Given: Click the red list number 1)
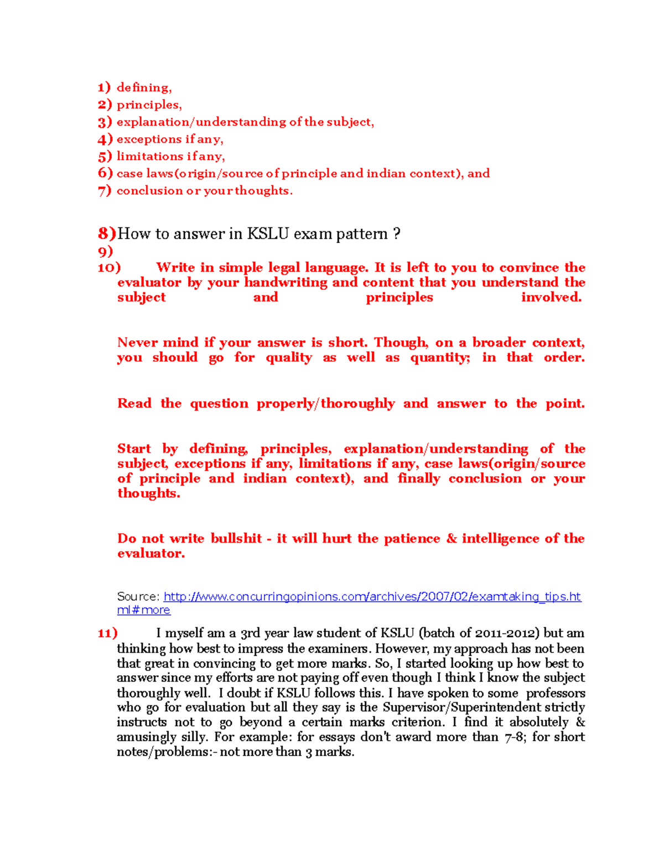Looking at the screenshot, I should tap(104, 87).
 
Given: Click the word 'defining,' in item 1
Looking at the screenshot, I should tap(144, 87).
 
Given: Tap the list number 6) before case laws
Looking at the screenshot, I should tap(105, 173).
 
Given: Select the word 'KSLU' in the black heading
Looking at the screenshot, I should tap(268, 234).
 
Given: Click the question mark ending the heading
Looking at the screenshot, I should tap(396, 234).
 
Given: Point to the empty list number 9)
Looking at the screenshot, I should tap(105, 252).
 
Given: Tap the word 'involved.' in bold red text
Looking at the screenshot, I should tap(551, 298).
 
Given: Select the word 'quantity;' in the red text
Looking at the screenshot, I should tap(440, 358).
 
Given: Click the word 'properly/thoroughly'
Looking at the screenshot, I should tap(325, 404).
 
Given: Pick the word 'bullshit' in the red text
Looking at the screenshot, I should tap(236, 539).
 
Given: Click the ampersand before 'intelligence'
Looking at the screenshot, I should tap(452, 539).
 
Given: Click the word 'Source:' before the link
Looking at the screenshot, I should tap(138, 597).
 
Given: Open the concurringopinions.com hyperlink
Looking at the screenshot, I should tap(372, 597).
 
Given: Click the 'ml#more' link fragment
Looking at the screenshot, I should tap(143, 610).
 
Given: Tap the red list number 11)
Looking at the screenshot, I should tap(107, 633).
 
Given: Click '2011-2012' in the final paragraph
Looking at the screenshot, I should tap(509, 633).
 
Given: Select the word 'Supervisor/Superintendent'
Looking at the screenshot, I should tap(461, 707).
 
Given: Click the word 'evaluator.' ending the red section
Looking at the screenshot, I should tap(151, 554).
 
